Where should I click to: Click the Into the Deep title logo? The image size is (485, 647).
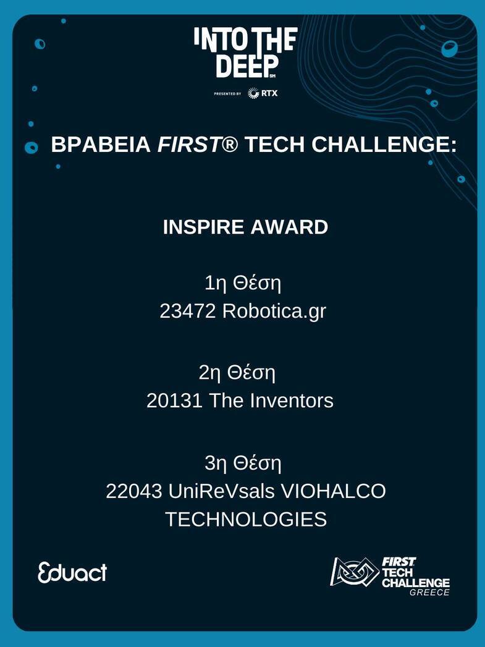tap(246, 53)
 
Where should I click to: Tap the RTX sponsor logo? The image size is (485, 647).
tap(263, 93)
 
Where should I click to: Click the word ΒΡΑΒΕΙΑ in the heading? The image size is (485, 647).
tap(101, 145)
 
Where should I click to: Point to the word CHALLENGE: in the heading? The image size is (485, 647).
tap(384, 145)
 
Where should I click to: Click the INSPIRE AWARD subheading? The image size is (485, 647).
tap(245, 227)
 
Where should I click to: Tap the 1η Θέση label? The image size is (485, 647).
tap(243, 284)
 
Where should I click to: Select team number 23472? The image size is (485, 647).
tap(188, 311)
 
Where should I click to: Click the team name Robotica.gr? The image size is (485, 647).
tap(274, 311)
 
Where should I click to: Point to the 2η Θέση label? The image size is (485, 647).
tap(237, 373)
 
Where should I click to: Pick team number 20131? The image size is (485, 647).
tap(174, 400)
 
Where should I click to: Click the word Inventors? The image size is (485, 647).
tap(292, 400)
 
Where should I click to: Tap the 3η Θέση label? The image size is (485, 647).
tap(243, 463)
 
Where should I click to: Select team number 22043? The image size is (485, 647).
tap(133, 491)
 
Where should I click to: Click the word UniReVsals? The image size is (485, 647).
tap(221, 491)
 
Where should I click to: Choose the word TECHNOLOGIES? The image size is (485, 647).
tap(247, 519)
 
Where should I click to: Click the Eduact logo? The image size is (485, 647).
tap(72, 573)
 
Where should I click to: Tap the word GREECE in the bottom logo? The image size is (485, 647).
tap(429, 593)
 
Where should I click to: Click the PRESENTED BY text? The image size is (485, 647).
tap(227, 94)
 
